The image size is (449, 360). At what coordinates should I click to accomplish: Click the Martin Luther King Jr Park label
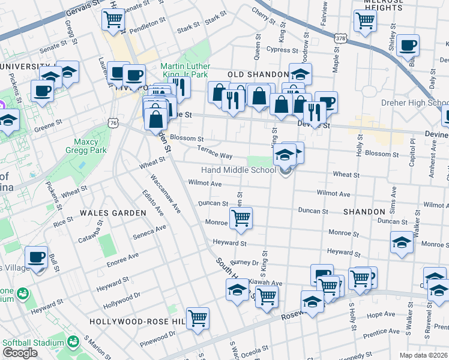[185, 70]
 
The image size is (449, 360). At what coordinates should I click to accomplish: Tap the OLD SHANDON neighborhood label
[255, 74]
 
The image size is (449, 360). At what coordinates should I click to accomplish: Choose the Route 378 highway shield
[340, 38]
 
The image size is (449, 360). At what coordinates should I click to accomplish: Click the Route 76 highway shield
[113, 122]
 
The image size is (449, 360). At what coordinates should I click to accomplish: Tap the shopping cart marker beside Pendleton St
[113, 19]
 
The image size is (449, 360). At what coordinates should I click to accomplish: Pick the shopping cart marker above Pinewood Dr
[197, 317]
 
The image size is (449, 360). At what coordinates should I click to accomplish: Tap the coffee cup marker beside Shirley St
[408, 45]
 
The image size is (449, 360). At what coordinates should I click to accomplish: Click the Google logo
[20, 353]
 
